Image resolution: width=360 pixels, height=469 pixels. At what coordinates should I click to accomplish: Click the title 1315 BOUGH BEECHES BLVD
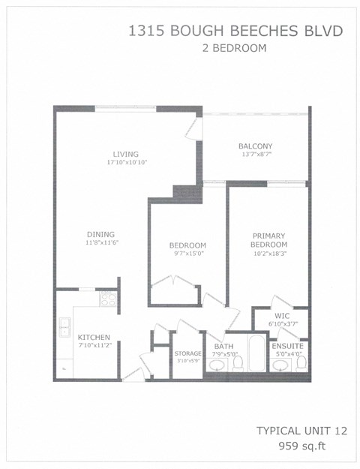[x=235, y=31]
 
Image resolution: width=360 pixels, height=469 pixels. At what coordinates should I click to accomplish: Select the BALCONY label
[x=255, y=146]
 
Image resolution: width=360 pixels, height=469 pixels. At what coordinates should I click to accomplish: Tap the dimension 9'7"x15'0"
[x=187, y=254]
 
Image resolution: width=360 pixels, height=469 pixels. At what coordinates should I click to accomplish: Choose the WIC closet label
[x=282, y=316]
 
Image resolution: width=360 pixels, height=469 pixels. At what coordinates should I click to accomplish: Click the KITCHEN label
[x=94, y=337]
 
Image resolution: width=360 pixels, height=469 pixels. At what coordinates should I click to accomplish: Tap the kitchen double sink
[x=65, y=327]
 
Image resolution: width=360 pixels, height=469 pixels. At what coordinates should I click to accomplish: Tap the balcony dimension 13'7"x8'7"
[x=255, y=154]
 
